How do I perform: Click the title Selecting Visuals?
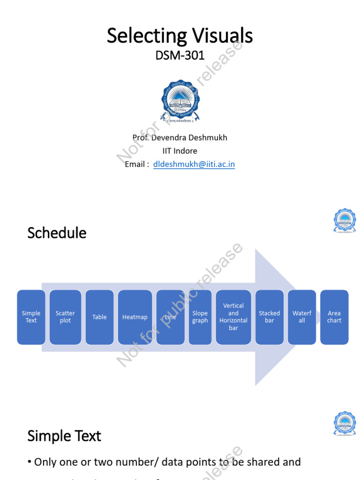(180, 36)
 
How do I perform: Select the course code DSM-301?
(180, 55)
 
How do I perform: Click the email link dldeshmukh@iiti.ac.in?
(194, 164)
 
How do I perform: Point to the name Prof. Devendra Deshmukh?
(180, 137)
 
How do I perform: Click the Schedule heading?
(57, 233)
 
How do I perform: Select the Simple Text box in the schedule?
(31, 317)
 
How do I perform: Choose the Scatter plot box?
(65, 317)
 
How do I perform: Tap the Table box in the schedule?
(99, 317)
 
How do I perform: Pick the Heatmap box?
(135, 317)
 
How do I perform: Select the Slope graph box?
(200, 317)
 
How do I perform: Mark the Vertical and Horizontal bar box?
(233, 317)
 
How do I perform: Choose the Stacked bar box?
(270, 317)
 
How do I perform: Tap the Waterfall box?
(302, 317)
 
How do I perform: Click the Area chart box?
(334, 317)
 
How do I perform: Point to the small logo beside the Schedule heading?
(345, 221)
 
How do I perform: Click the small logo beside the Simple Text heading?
(345, 423)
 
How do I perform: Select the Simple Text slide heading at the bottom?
(64, 436)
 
